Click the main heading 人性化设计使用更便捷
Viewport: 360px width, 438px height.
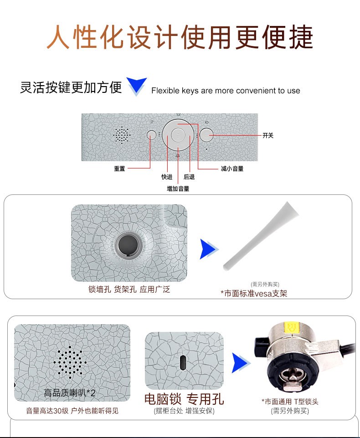click(x=180, y=37)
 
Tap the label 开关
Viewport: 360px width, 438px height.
click(x=268, y=136)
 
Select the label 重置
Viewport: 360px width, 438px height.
click(x=119, y=168)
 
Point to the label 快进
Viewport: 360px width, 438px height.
click(x=167, y=177)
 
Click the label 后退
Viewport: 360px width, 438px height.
click(x=189, y=177)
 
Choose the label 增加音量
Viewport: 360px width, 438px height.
click(x=178, y=188)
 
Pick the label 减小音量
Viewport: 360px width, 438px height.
click(x=232, y=168)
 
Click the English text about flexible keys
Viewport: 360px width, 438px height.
click(x=226, y=91)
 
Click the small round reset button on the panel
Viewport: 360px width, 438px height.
click(x=151, y=135)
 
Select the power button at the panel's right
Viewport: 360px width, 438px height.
click(x=206, y=135)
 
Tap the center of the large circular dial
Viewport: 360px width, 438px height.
click(x=178, y=135)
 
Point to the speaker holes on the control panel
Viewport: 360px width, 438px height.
click(x=122, y=135)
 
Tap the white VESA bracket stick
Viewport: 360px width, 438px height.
click(x=261, y=235)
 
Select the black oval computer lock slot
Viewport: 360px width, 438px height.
click(x=183, y=362)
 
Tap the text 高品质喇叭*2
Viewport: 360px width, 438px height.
click(x=70, y=393)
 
